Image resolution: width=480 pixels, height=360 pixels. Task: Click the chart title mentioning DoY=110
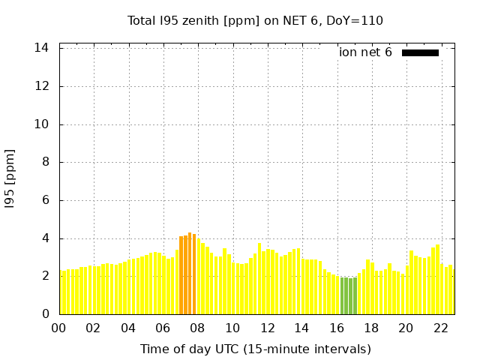(255, 20)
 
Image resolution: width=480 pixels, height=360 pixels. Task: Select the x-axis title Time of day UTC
(255, 349)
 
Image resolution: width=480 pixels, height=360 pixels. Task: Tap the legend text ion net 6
(365, 52)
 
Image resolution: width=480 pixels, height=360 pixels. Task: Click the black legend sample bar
(420, 52)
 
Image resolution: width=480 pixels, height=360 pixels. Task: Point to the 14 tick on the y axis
(42, 48)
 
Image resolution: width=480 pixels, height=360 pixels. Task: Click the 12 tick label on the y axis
(42, 86)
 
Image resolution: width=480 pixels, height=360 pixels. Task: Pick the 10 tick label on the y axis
(42, 124)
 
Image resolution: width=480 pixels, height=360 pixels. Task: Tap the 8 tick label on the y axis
(45, 162)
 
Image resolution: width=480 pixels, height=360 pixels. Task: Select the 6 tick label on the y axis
(45, 200)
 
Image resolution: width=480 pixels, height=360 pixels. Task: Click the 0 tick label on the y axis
(45, 314)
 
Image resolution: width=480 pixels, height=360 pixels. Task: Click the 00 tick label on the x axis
(59, 328)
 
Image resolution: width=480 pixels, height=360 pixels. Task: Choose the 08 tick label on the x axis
(198, 328)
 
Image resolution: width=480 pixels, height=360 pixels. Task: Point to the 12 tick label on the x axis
(267, 328)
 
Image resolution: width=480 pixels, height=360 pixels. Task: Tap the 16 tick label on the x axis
(337, 328)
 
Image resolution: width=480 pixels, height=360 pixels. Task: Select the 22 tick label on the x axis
(441, 328)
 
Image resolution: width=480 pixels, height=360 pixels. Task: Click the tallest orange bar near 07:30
(190, 274)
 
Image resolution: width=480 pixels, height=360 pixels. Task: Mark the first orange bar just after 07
(181, 275)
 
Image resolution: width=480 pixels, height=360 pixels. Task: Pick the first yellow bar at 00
(61, 292)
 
